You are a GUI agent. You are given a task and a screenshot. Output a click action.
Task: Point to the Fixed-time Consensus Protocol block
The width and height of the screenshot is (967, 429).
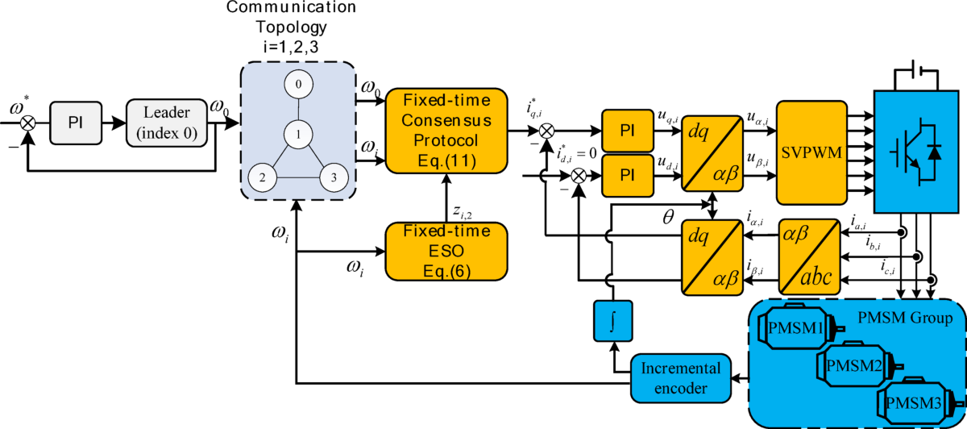click(443, 131)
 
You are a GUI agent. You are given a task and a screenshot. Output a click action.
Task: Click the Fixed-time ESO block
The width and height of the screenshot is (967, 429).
click(443, 251)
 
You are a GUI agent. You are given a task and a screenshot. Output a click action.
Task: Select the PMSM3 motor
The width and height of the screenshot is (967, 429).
click(914, 401)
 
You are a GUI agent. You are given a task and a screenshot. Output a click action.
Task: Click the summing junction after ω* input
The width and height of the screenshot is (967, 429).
click(29, 123)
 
